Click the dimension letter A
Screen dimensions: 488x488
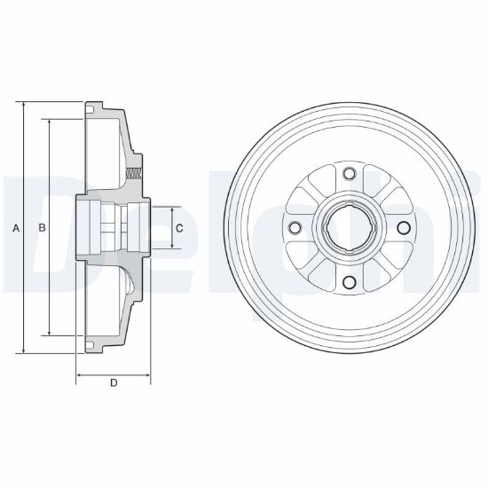(16, 228)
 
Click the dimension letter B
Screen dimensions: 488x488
(42, 228)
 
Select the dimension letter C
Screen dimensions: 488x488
(179, 228)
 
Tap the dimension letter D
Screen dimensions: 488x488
(114, 382)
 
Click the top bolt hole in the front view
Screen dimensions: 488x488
(350, 173)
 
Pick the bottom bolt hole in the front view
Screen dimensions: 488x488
(350, 282)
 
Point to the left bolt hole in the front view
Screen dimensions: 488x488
(295, 227)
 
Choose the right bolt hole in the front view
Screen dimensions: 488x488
(404, 227)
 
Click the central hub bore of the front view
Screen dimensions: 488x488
(350, 228)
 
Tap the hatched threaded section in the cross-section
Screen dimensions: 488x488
(134, 173)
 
